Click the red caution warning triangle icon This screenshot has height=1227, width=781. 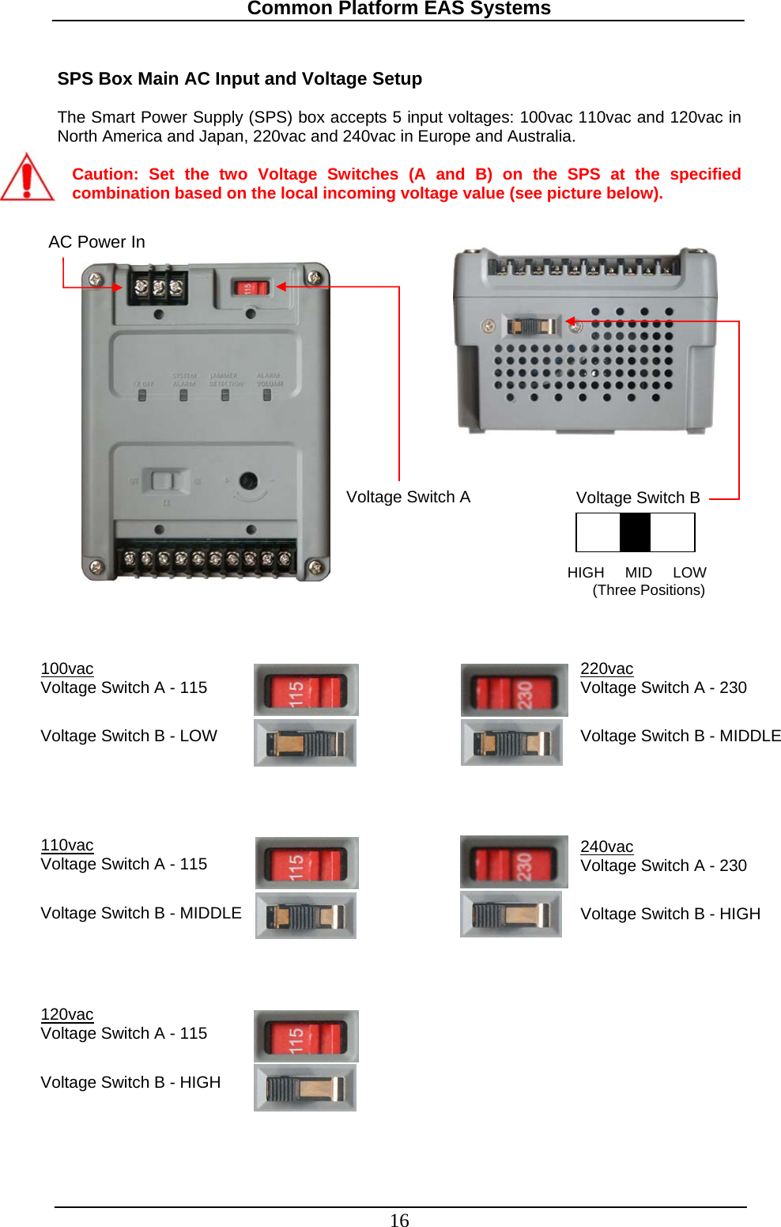point(27,178)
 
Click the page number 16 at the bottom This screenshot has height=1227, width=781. point(399,1220)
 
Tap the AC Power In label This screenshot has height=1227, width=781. point(96,242)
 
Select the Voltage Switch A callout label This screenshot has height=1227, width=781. point(408,497)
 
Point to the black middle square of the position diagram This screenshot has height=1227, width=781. point(635,532)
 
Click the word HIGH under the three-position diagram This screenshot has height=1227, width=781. point(585,572)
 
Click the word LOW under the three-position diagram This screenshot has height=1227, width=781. point(689,572)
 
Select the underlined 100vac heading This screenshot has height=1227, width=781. point(67,668)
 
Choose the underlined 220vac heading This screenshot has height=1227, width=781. point(606,668)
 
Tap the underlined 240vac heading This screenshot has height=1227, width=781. point(606,846)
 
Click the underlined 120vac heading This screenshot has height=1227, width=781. point(67,1014)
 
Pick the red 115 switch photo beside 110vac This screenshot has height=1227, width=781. point(307,863)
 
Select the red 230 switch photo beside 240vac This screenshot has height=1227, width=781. point(514,862)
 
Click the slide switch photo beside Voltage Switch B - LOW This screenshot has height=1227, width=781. point(305,743)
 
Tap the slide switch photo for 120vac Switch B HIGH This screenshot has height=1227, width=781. point(305,1088)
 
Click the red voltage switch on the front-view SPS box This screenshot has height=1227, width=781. point(250,288)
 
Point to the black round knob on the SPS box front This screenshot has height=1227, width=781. point(248,481)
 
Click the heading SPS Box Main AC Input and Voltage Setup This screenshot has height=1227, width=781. point(240,79)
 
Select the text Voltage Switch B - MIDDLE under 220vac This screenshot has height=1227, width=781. point(681,736)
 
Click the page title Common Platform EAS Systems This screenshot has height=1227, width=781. point(398,9)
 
